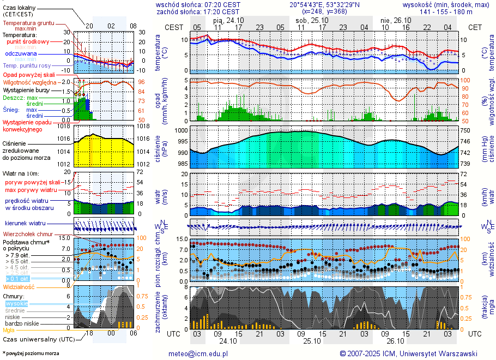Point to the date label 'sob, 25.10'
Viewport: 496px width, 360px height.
(310, 20)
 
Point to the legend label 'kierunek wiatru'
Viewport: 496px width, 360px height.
(25, 224)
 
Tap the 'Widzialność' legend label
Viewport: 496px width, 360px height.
(19, 286)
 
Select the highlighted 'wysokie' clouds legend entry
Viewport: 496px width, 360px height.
(16, 303)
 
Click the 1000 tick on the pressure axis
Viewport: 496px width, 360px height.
(181, 131)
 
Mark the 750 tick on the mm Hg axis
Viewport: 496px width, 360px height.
(465, 131)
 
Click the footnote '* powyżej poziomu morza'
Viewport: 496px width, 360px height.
(30, 354)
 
